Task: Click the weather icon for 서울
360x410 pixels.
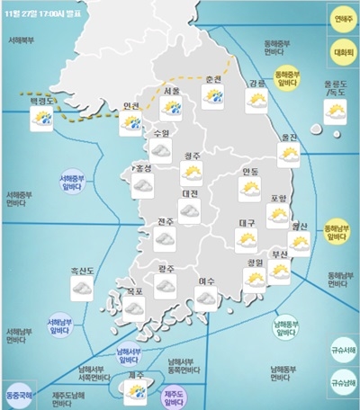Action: tap(171, 108)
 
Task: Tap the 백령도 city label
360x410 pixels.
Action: tap(42, 103)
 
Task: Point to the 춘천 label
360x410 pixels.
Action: tap(213, 79)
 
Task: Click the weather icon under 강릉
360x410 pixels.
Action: tap(256, 102)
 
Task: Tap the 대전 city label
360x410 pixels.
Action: tap(189, 193)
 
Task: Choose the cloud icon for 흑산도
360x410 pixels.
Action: tap(82, 286)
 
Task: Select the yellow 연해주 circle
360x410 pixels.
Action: tap(342, 18)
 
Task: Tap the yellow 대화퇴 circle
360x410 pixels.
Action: tap(342, 51)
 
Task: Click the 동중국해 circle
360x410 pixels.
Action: tap(20, 394)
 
